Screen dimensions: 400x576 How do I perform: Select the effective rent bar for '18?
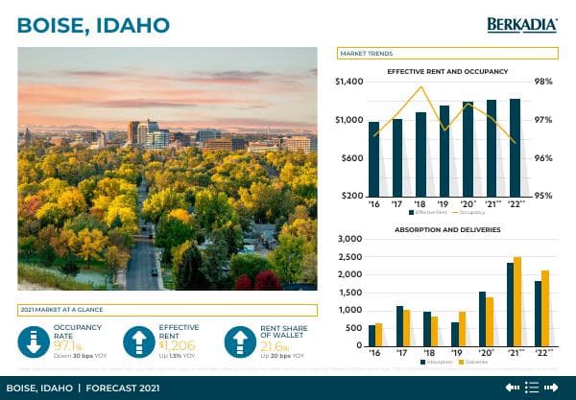click(420, 153)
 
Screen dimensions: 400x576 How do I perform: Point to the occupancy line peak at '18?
click(421, 87)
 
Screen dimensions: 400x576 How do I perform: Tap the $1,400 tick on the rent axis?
click(349, 82)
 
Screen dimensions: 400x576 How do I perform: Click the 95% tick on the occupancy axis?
click(543, 196)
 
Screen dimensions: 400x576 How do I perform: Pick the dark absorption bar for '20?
click(482, 318)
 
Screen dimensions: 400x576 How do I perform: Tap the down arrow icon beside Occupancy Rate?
click(35, 341)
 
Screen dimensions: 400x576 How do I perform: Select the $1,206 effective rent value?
click(177, 344)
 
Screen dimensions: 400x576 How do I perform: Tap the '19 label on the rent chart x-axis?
click(444, 203)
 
